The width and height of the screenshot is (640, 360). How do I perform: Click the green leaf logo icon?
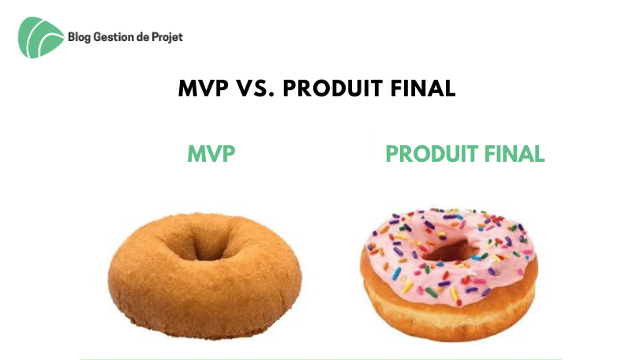(40, 37)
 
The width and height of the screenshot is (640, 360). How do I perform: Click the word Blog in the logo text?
(79, 37)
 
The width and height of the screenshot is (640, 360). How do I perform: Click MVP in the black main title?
(204, 88)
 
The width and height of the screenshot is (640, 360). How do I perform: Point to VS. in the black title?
(256, 88)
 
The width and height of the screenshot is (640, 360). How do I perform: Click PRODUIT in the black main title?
(333, 88)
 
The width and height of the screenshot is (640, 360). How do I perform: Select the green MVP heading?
(211, 154)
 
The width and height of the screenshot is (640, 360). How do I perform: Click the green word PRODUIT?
(432, 154)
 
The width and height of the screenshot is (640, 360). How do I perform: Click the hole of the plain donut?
(209, 246)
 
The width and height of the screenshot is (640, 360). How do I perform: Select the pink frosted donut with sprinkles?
(449, 274)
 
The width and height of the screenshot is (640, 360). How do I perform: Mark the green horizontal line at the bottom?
(321, 358)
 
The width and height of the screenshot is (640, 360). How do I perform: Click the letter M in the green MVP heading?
(196, 154)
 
